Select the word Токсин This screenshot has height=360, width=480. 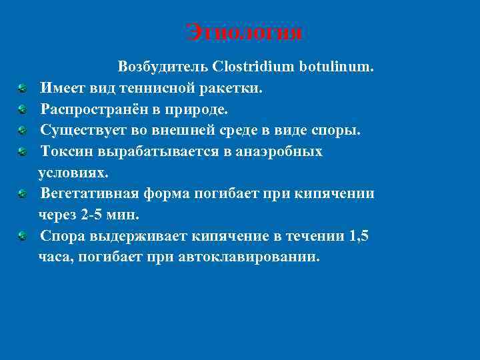(x=67, y=151)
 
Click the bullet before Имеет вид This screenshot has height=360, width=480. (x=23, y=88)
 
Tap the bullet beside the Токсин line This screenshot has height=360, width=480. (x=23, y=152)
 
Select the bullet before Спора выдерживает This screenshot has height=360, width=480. (x=23, y=237)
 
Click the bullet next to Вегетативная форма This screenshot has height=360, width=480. (x=23, y=195)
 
